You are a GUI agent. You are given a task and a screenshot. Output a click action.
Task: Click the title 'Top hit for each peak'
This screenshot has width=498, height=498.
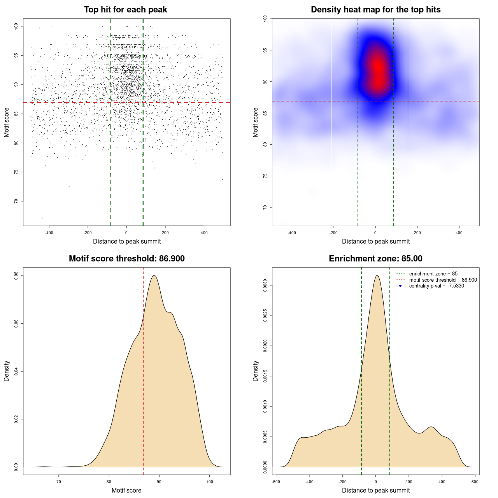point(125,10)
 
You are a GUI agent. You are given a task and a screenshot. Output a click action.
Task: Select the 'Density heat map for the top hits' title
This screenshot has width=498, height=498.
point(375,10)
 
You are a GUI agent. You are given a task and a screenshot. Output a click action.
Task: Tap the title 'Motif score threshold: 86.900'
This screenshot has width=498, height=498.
point(126,259)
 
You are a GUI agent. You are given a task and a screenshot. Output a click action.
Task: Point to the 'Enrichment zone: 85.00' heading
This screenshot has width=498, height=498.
point(375,259)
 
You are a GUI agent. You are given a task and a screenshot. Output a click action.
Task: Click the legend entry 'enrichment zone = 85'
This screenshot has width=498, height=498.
point(433,274)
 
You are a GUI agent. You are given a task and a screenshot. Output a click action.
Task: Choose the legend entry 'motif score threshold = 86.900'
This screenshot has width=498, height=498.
point(443,280)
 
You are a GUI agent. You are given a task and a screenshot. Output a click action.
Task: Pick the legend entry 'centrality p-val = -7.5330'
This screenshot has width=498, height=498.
point(437,286)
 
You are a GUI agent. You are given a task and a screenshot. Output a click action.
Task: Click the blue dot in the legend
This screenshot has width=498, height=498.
point(400,286)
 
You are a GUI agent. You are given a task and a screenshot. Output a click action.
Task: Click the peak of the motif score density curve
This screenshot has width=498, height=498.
point(154,275)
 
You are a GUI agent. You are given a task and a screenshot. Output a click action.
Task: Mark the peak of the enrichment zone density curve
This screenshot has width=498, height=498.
point(377,275)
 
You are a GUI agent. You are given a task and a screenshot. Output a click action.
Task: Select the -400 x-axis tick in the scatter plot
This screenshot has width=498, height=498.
point(49,233)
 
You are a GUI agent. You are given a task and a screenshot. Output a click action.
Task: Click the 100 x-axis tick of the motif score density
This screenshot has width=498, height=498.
point(209,482)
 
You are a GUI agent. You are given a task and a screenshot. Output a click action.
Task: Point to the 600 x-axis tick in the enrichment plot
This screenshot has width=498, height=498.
point(475,482)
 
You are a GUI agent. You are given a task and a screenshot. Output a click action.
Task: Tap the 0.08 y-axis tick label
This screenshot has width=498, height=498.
point(16,276)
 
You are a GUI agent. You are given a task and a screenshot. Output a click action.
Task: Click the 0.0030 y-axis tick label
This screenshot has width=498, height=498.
point(265,286)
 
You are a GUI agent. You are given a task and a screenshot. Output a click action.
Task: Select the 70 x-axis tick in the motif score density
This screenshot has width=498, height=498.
point(59,482)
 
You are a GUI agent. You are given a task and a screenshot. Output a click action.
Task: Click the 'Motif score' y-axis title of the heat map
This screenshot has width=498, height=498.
point(256,122)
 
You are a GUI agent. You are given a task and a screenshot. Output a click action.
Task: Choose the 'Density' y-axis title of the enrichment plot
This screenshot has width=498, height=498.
point(256,371)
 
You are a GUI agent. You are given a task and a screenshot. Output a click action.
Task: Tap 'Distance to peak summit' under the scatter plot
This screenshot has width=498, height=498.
point(127,242)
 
